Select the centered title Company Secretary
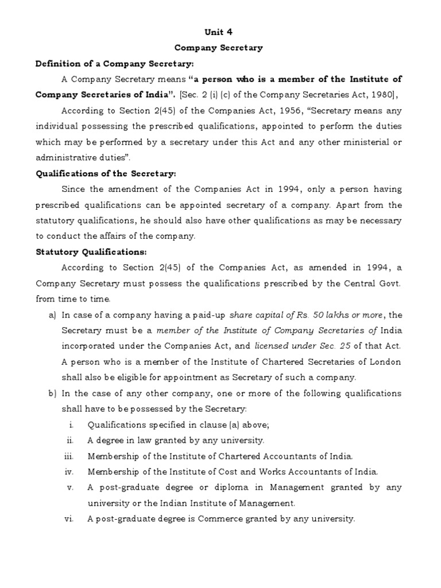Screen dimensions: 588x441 220,48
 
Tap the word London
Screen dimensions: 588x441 386,362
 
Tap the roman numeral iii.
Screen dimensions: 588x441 70,456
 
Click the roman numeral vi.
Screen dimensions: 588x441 70,519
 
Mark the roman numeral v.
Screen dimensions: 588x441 71,487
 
